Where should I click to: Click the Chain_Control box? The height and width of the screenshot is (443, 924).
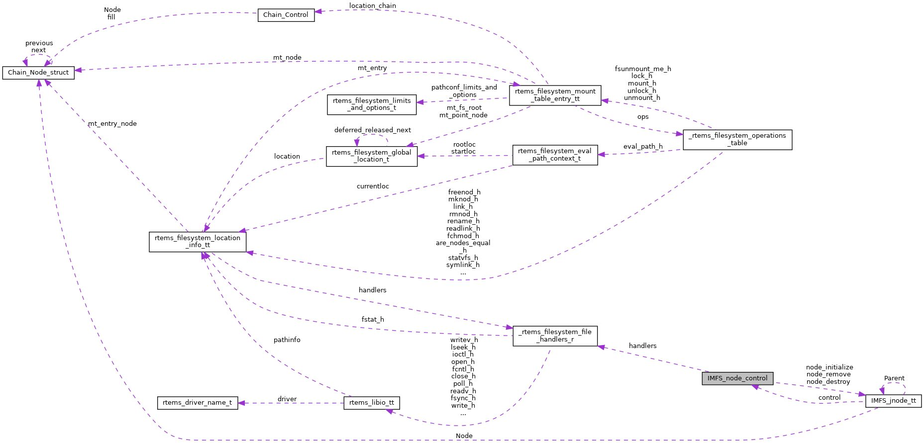[286, 15]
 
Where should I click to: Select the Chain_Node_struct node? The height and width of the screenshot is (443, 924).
[38, 73]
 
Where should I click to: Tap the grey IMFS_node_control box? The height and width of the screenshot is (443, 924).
[737, 378]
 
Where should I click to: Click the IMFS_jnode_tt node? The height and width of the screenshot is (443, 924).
[893, 401]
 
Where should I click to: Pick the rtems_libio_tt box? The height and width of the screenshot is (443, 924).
[372, 403]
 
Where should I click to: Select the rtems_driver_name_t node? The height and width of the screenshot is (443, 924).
[197, 403]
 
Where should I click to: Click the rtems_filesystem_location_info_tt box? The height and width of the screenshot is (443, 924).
[198, 242]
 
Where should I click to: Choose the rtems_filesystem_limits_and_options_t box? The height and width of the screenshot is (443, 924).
[372, 104]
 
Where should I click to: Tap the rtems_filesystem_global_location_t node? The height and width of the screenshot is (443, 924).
[372, 156]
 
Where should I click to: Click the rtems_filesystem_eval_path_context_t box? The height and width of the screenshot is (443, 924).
[555, 155]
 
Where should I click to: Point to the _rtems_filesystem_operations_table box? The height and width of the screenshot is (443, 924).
[737, 139]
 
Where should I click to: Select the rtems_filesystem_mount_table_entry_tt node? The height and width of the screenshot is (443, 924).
[555, 95]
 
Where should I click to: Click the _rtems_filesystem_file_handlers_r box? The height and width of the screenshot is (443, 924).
[555, 336]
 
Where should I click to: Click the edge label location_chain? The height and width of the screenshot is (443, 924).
[373, 6]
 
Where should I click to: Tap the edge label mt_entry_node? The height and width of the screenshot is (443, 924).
[112, 124]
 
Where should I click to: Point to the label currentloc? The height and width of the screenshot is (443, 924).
[373, 186]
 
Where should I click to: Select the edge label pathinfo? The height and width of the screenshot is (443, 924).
[287, 340]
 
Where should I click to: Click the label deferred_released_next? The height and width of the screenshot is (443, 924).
[373, 130]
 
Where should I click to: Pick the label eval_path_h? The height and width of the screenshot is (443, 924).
[643, 147]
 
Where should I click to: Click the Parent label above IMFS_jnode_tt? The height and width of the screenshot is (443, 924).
[894, 378]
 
